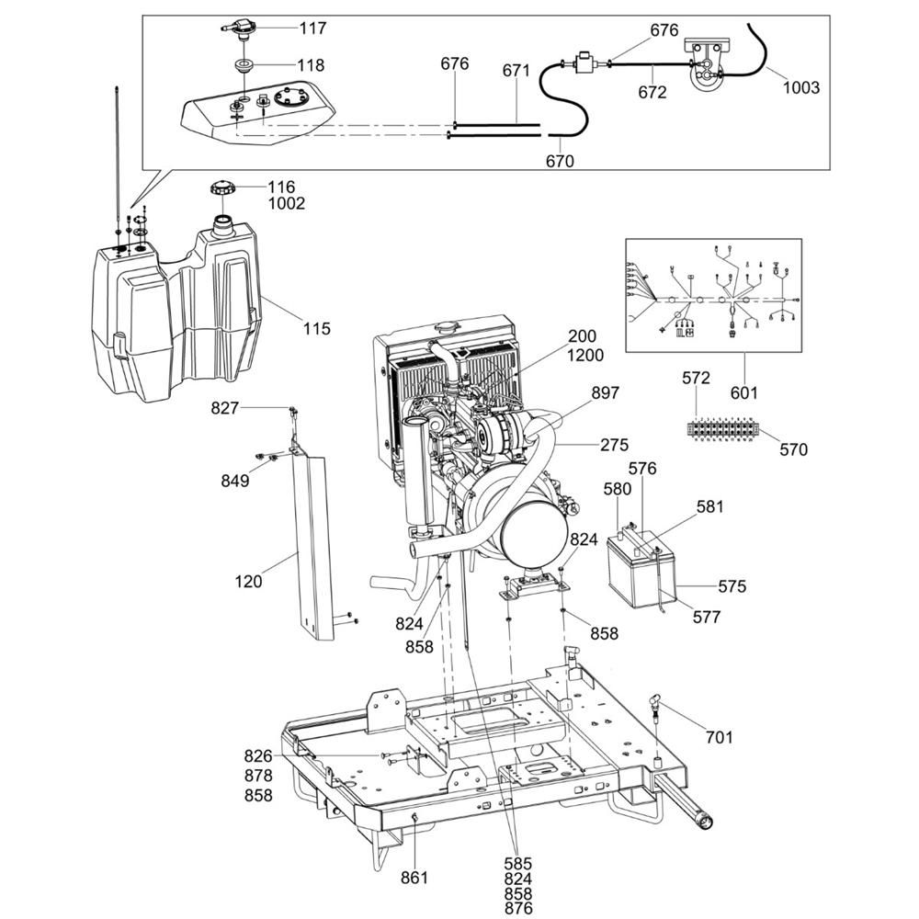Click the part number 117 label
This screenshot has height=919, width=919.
[312, 28]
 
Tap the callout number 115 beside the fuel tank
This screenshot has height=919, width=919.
[316, 328]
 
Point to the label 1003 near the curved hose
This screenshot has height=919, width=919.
[800, 88]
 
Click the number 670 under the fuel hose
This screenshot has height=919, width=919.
[559, 162]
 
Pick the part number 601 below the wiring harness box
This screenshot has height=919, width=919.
[743, 392]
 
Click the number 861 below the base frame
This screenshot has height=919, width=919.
[414, 878]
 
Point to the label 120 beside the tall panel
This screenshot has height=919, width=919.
[248, 581]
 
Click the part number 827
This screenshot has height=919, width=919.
[226, 407]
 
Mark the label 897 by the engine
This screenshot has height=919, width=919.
[606, 393]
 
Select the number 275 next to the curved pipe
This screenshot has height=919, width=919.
[614, 445]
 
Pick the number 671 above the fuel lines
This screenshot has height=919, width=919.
[516, 70]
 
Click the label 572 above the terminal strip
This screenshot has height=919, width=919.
[697, 378]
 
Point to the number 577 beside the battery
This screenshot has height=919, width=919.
[707, 618]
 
